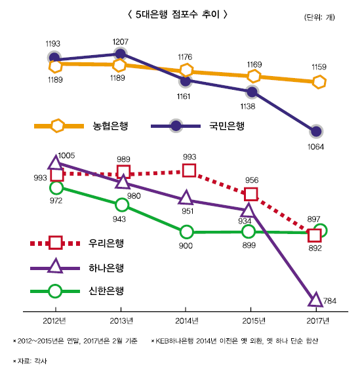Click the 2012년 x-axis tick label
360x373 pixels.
(x=56, y=320)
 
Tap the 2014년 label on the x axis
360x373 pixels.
(x=186, y=320)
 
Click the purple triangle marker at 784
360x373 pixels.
(x=315, y=300)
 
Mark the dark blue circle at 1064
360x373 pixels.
(x=317, y=130)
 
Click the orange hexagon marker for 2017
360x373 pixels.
(x=319, y=81)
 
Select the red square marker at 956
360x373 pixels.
(x=250, y=193)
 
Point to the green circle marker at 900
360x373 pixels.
(x=186, y=231)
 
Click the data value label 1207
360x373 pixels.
(x=120, y=42)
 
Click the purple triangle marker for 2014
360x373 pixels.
(x=186, y=197)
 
